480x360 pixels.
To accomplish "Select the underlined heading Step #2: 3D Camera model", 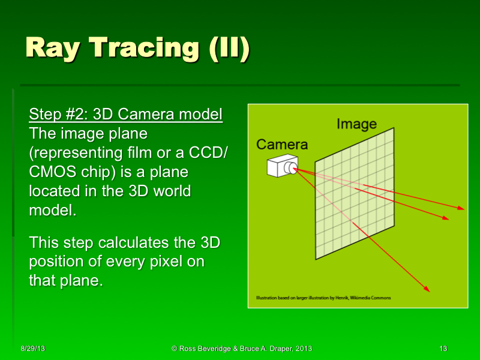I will coord(126,114).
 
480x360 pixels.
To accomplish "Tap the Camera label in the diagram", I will coord(281,144).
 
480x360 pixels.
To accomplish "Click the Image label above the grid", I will coord(356,124).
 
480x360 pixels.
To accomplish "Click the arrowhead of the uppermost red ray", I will coord(461,208).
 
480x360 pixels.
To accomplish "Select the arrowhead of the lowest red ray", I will coord(428,290).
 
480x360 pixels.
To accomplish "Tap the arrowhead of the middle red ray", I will coord(445,218).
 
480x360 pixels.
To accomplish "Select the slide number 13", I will coord(443,349).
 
